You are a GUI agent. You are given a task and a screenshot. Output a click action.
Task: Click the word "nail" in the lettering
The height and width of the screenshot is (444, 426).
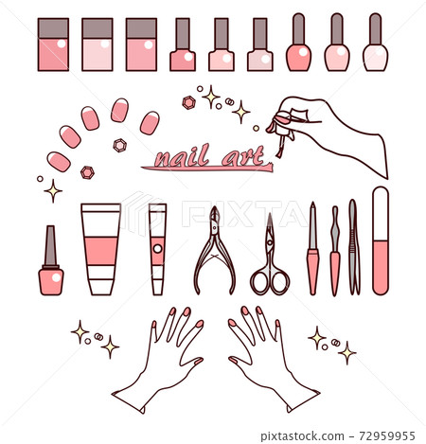(182, 155)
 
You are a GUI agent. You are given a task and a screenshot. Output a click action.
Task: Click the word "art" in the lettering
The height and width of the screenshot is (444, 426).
(243, 156)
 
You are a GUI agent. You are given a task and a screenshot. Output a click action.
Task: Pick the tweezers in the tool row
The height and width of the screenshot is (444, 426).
(354, 247)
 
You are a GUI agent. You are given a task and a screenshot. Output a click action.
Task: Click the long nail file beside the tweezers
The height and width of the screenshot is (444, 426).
(381, 240)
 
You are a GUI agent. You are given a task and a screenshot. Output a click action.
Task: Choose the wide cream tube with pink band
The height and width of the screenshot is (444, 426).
(101, 249)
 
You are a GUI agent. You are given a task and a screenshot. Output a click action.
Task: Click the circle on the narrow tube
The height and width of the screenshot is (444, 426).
(157, 249)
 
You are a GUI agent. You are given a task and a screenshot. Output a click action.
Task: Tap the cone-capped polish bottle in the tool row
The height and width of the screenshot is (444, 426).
(51, 260)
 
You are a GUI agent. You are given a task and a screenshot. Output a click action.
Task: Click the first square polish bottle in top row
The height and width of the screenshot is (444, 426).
(53, 44)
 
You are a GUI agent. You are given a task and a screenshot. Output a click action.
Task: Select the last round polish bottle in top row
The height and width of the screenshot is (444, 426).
(376, 42)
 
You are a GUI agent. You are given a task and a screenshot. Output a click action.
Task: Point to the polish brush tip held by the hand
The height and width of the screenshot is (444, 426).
(278, 154)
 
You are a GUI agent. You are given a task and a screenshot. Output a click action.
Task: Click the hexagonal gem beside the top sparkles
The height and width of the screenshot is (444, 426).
(189, 103)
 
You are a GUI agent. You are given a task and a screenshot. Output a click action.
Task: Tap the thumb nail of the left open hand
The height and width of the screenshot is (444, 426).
(199, 361)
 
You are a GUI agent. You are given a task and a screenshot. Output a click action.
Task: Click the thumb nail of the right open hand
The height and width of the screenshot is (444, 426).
(233, 361)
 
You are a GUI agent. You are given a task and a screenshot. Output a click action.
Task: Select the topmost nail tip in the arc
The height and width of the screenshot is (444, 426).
(120, 110)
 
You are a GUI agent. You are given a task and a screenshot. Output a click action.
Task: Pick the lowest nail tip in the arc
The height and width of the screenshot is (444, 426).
(59, 162)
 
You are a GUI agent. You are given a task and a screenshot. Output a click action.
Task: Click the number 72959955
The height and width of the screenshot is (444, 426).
(387, 436)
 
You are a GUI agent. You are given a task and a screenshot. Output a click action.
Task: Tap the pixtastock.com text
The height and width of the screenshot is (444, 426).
(302, 436)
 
